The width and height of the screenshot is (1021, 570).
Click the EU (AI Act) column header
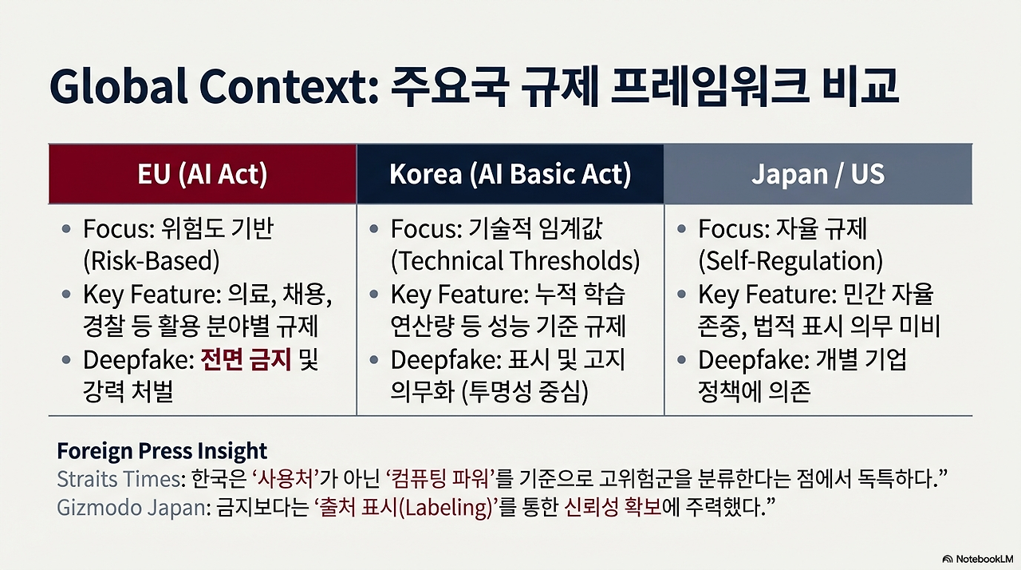click(203, 174)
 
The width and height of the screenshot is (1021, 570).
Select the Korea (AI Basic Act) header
click(510, 174)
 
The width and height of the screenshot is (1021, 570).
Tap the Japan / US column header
click(818, 174)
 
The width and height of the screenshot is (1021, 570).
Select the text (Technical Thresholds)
click(514, 261)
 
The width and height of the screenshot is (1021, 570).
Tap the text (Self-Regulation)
click(790, 261)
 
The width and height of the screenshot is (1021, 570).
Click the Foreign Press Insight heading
click(162, 451)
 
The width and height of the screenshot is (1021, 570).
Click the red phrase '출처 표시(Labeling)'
click(405, 508)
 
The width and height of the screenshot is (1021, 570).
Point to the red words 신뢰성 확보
click(613, 508)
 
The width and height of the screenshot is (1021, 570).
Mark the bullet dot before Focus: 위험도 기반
click(66, 230)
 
